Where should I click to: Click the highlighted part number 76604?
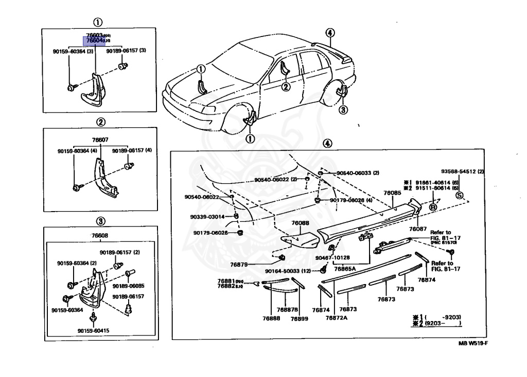(x=95, y=40)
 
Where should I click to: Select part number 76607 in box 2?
(x=100, y=139)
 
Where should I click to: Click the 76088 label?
(x=300, y=223)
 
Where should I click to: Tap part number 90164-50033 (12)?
(x=288, y=271)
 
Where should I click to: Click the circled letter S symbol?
(x=460, y=195)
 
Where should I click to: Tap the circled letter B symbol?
(x=433, y=207)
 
